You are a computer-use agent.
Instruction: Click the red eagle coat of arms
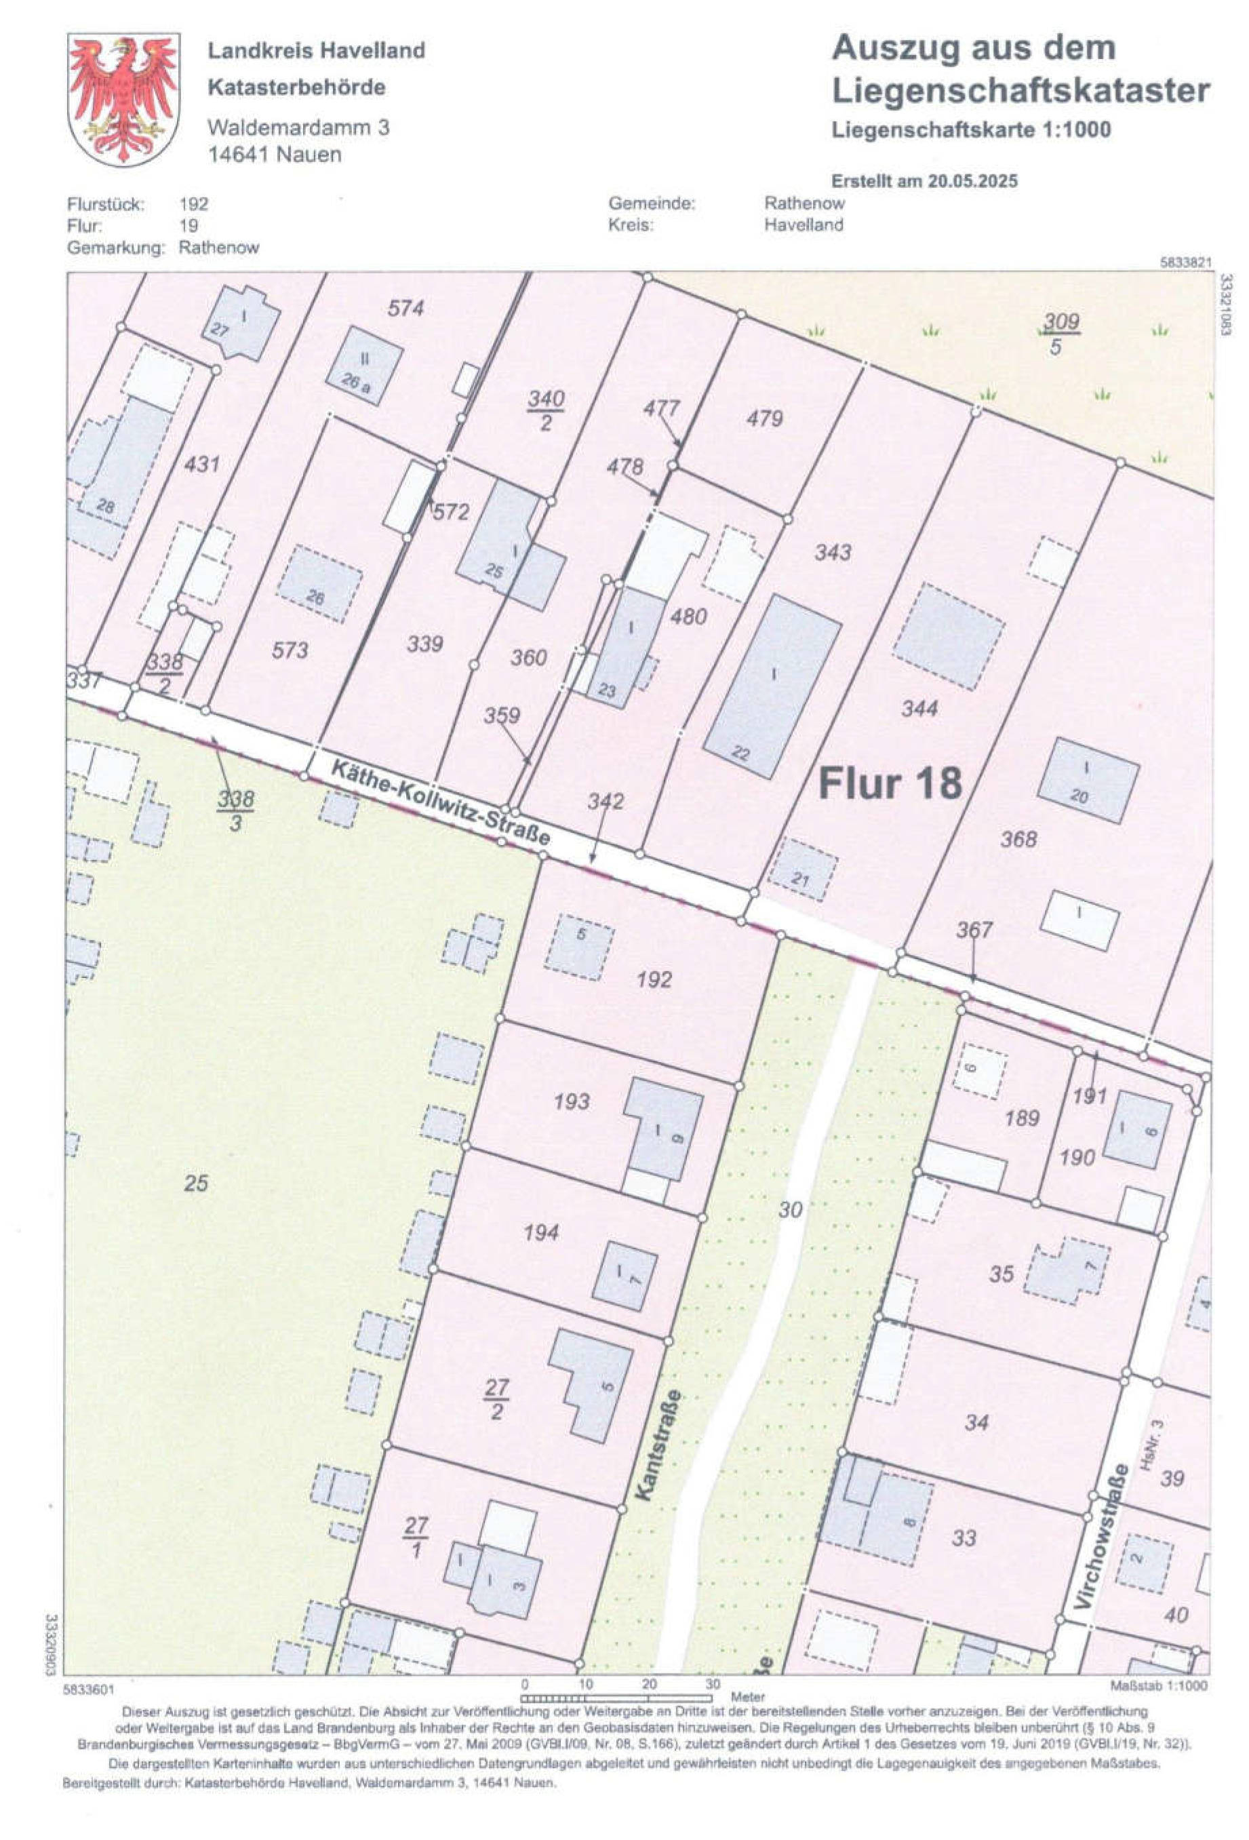coord(123,98)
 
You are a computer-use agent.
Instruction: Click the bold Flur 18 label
coord(890,783)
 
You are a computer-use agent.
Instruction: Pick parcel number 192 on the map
coord(654,979)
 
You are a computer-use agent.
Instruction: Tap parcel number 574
coord(406,308)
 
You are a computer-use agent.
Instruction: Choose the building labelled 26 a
coord(363,366)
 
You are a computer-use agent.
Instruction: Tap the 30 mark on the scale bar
coord(713,1683)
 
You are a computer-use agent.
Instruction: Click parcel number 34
coord(976,1423)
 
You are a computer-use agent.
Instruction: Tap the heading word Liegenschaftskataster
coord(1020,90)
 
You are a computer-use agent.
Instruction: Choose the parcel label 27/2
coord(496,1400)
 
